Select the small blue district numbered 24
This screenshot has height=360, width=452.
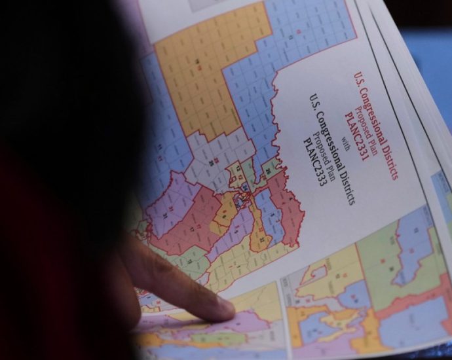tap(244, 187)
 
